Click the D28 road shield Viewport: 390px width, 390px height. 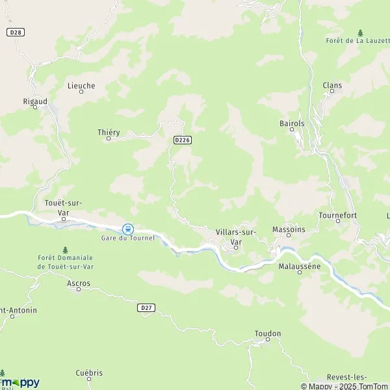click(x=17, y=32)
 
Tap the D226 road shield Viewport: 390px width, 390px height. click(x=182, y=140)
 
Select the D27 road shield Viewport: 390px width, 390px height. click(x=146, y=307)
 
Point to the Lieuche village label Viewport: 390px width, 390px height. click(x=81, y=85)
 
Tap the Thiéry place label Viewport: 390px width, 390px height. click(x=109, y=133)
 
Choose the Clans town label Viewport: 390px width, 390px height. click(x=332, y=85)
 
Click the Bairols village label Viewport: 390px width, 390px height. click(x=292, y=122)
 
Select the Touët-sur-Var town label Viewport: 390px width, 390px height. click(x=64, y=207)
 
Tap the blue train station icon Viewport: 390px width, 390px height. click(x=128, y=229)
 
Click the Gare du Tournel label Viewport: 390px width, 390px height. click(x=128, y=238)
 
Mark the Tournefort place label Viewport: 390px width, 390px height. click(x=338, y=214)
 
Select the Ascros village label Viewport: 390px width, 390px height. click(x=79, y=283)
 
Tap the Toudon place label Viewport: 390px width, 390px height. click(x=268, y=333)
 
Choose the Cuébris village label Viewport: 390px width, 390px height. click(x=89, y=372)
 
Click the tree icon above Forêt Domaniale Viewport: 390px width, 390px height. click(x=64, y=250)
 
